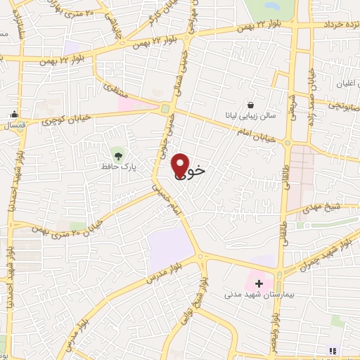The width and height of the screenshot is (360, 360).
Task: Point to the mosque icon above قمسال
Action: click(14, 115)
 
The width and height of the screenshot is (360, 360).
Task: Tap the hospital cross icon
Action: click(259, 284)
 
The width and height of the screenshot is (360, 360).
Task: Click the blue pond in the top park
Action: click(270, 6)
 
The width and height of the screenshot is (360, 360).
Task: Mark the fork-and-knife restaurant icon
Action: click(333, 351)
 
